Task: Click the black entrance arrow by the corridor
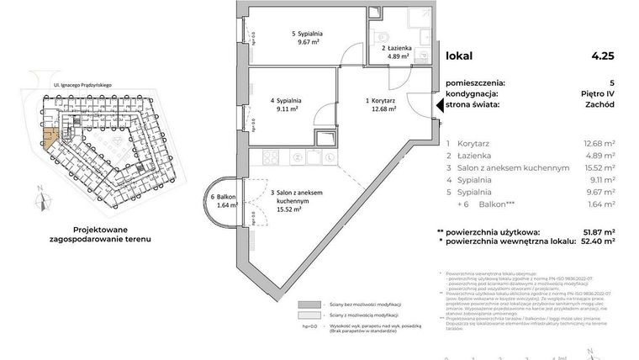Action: click(438, 105)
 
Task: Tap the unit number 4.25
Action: click(603, 58)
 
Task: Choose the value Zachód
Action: click(602, 105)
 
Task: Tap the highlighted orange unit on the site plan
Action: click(51, 141)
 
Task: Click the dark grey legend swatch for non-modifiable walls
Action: click(311, 304)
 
